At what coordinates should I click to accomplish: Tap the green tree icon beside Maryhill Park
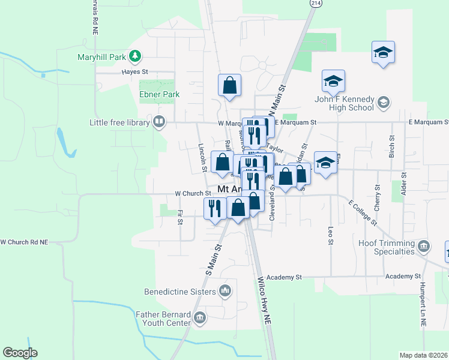click(136, 57)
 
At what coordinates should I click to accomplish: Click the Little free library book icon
click(159, 122)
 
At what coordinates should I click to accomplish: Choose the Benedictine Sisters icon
click(225, 292)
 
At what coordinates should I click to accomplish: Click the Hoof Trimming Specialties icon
click(424, 247)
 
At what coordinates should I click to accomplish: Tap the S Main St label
click(214, 259)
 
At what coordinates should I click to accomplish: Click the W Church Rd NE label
click(24, 242)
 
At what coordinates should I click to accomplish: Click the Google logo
click(20, 353)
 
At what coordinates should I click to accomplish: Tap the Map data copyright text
click(423, 355)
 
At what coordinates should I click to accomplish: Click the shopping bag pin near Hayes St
click(229, 86)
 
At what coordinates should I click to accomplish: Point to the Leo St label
click(330, 235)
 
